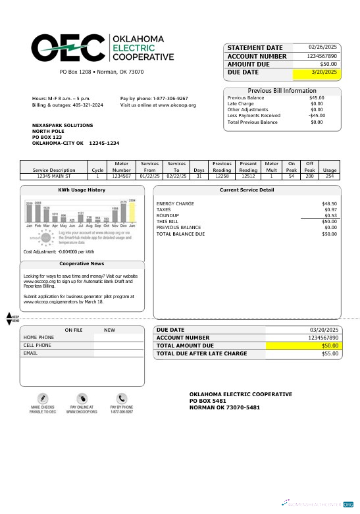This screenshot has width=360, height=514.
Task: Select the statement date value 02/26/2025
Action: click(322, 47)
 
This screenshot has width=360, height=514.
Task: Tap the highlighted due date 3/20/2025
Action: click(322, 72)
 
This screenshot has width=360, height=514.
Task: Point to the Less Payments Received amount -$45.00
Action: click(317, 116)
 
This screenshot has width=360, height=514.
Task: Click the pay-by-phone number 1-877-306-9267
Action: click(170, 98)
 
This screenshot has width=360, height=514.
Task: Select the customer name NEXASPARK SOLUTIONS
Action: click(63, 125)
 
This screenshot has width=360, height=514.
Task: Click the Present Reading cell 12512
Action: click(248, 176)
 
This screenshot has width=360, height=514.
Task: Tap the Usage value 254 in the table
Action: click(329, 176)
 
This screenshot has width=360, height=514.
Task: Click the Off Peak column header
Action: click(309, 167)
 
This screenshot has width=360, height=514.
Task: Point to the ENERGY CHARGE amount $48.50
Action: click(329, 204)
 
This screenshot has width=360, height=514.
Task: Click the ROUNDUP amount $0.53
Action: click(330, 216)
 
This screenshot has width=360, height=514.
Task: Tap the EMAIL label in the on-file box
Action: click(30, 353)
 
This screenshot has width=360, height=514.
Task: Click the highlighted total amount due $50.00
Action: click(329, 346)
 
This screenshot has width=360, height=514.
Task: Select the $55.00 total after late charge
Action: click(329, 354)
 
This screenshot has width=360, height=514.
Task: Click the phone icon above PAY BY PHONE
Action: click(122, 398)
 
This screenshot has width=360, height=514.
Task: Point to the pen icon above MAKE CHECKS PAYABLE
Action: click(43, 398)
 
